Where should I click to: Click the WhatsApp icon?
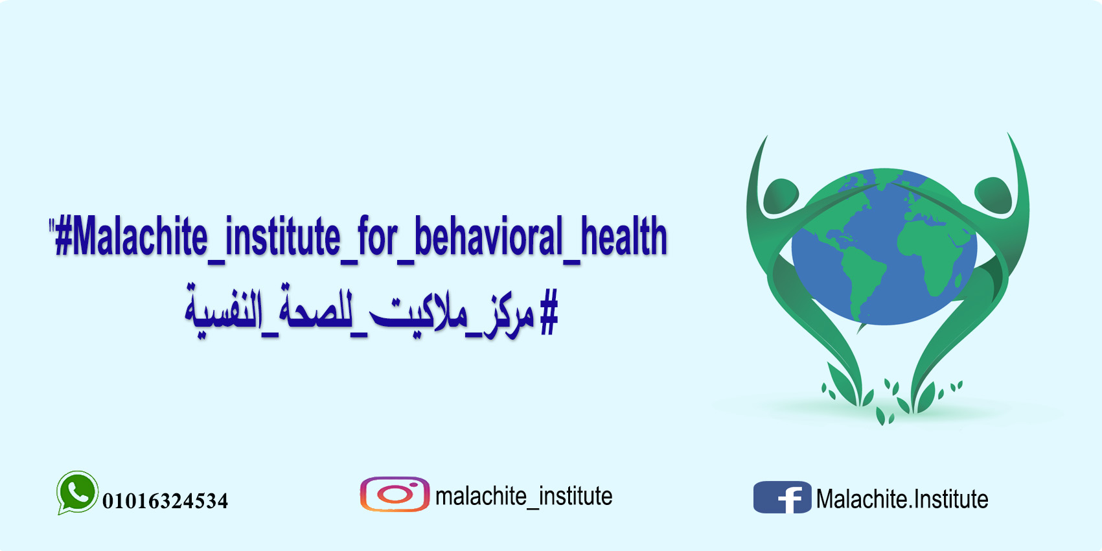77,493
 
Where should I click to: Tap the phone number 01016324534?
165,501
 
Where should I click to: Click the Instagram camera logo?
395,495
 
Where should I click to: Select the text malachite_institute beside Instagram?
524,497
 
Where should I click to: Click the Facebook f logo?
782,497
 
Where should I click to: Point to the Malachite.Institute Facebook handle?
902,498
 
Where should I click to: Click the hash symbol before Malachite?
63,237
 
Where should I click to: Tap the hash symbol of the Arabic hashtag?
549,312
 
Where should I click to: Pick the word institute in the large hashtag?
282,237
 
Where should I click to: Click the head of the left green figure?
781,196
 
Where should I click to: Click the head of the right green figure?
993,196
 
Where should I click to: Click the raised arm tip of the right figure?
1009,134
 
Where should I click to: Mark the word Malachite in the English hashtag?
140,237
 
